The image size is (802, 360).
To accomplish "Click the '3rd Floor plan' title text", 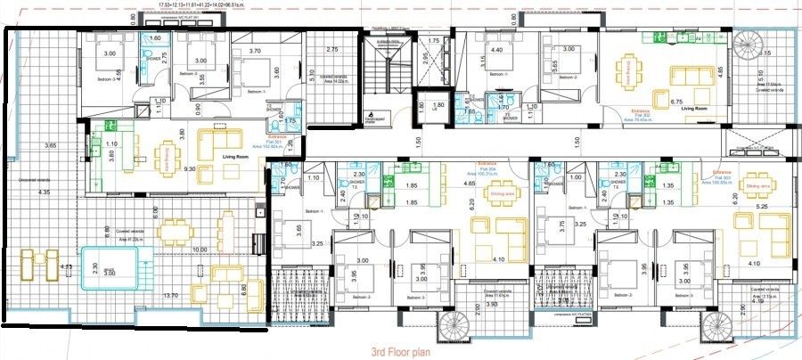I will point(401,352).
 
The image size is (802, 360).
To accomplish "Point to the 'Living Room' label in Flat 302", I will point(694,109).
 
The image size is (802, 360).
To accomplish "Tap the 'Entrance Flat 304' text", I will point(486,168).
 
